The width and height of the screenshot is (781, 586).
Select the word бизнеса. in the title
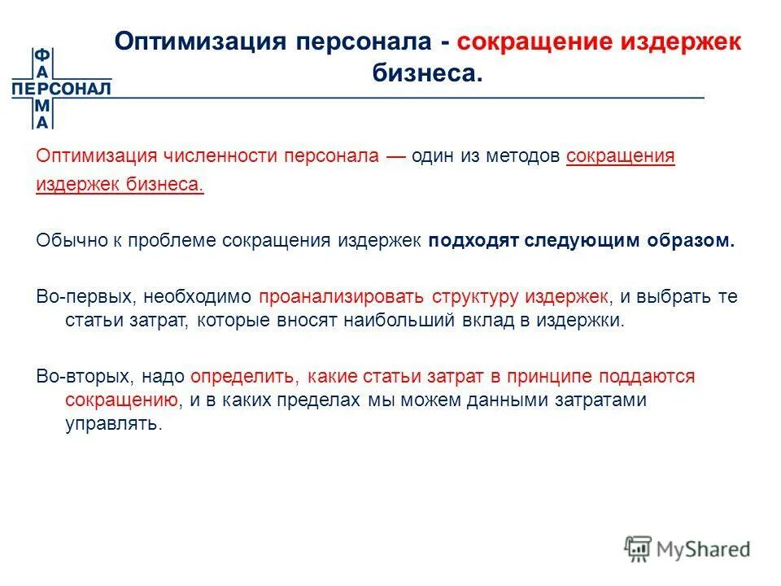click(x=427, y=73)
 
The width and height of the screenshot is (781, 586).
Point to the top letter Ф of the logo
click(x=41, y=55)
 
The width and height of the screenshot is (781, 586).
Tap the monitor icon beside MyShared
click(x=639, y=549)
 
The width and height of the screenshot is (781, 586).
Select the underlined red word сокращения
click(x=620, y=155)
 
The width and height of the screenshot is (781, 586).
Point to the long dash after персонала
click(x=395, y=155)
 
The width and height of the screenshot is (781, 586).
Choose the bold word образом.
click(x=692, y=241)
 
